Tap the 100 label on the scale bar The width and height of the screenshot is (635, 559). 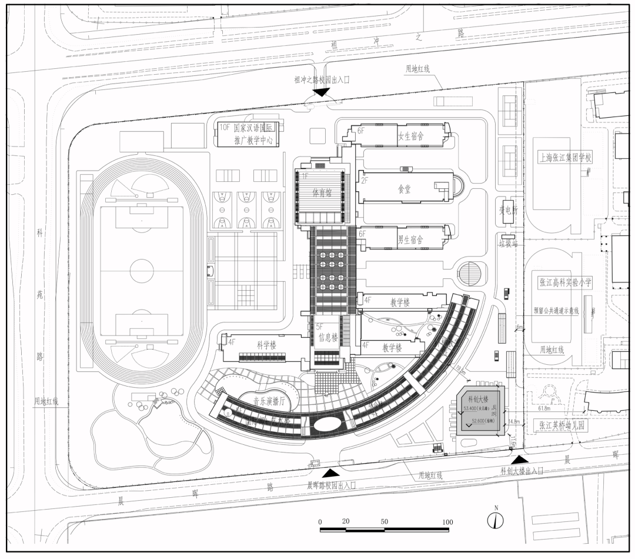pyautogui.click(x=447, y=522)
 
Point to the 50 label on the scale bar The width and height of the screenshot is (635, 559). pyautogui.click(x=384, y=522)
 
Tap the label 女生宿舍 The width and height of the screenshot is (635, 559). pyautogui.click(x=411, y=136)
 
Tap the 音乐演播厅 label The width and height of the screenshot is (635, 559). pyautogui.click(x=269, y=401)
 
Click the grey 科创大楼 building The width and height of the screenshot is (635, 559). pyautogui.click(x=480, y=411)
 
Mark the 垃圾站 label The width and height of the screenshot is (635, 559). pyautogui.click(x=507, y=243)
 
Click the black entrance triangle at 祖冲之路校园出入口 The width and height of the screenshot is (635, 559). pyautogui.click(x=322, y=92)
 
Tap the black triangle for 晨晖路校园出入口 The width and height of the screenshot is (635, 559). pyautogui.click(x=330, y=473)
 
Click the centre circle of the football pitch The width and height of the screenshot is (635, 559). pyautogui.click(x=140, y=273)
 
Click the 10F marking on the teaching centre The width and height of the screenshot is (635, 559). pyautogui.click(x=224, y=127)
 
